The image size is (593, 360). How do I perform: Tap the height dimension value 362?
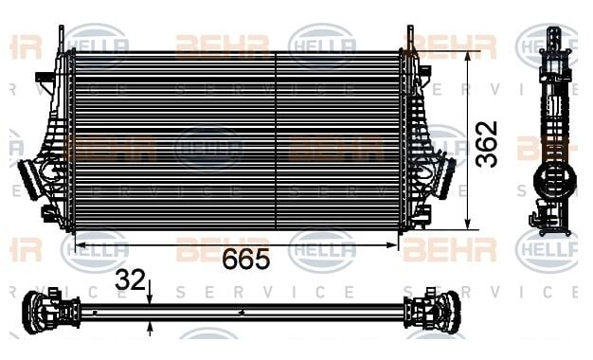pos(487,143)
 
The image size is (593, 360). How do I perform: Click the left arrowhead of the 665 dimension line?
pos(79,244)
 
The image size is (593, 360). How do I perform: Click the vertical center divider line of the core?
pos(276,140)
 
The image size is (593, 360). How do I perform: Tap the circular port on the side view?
pos(548,177)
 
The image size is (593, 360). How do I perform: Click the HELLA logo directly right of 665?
pos(322,250)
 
